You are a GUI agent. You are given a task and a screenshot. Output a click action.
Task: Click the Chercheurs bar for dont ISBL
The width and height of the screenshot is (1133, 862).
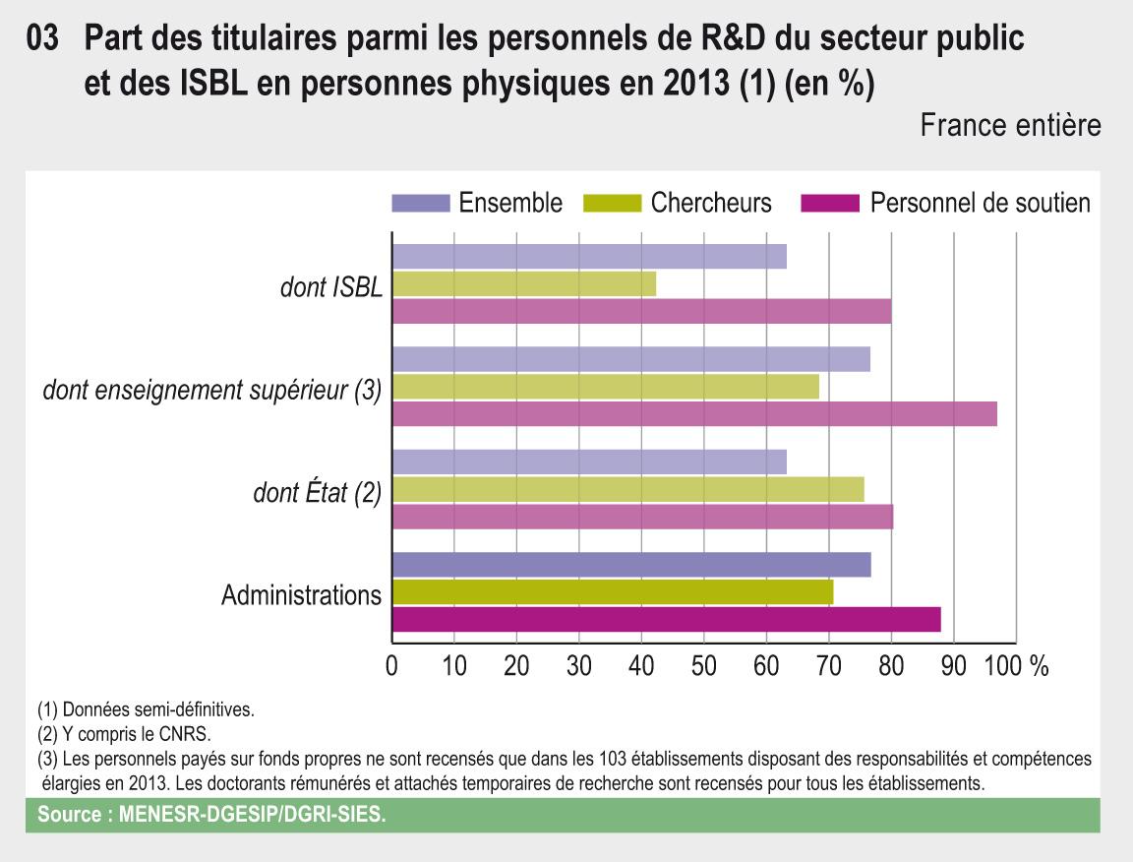pyautogui.click(x=523, y=283)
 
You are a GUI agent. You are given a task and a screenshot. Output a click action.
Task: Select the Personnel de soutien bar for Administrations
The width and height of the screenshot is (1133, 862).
pyautogui.click(x=666, y=619)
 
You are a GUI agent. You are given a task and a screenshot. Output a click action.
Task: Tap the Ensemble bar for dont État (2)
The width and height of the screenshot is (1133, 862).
pyautogui.click(x=589, y=462)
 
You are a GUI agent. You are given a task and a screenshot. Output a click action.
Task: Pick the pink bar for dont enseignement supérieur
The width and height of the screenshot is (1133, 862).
pyautogui.click(x=694, y=413)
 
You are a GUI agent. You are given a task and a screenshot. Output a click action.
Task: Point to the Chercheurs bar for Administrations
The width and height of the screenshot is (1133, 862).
pyautogui.click(x=612, y=592)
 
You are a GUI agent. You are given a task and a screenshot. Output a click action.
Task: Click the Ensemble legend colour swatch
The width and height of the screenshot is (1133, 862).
pyautogui.click(x=420, y=204)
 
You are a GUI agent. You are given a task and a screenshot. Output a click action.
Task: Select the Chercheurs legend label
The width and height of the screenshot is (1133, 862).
pyautogui.click(x=710, y=204)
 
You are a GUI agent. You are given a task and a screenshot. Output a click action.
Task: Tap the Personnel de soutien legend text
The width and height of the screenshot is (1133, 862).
pyautogui.click(x=980, y=204)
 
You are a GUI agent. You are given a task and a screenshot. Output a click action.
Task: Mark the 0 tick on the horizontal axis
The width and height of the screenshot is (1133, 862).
pyautogui.click(x=392, y=666)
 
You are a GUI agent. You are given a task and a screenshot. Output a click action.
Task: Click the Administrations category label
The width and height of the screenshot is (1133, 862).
pyautogui.click(x=301, y=595)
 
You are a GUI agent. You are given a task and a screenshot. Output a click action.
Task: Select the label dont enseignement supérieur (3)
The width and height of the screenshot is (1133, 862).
pyautogui.click(x=211, y=390)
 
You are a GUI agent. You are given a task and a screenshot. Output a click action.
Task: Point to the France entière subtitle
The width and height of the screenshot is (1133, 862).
pyautogui.click(x=1011, y=126)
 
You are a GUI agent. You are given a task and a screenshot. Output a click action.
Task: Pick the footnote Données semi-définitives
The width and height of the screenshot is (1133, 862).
pyautogui.click(x=145, y=709)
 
